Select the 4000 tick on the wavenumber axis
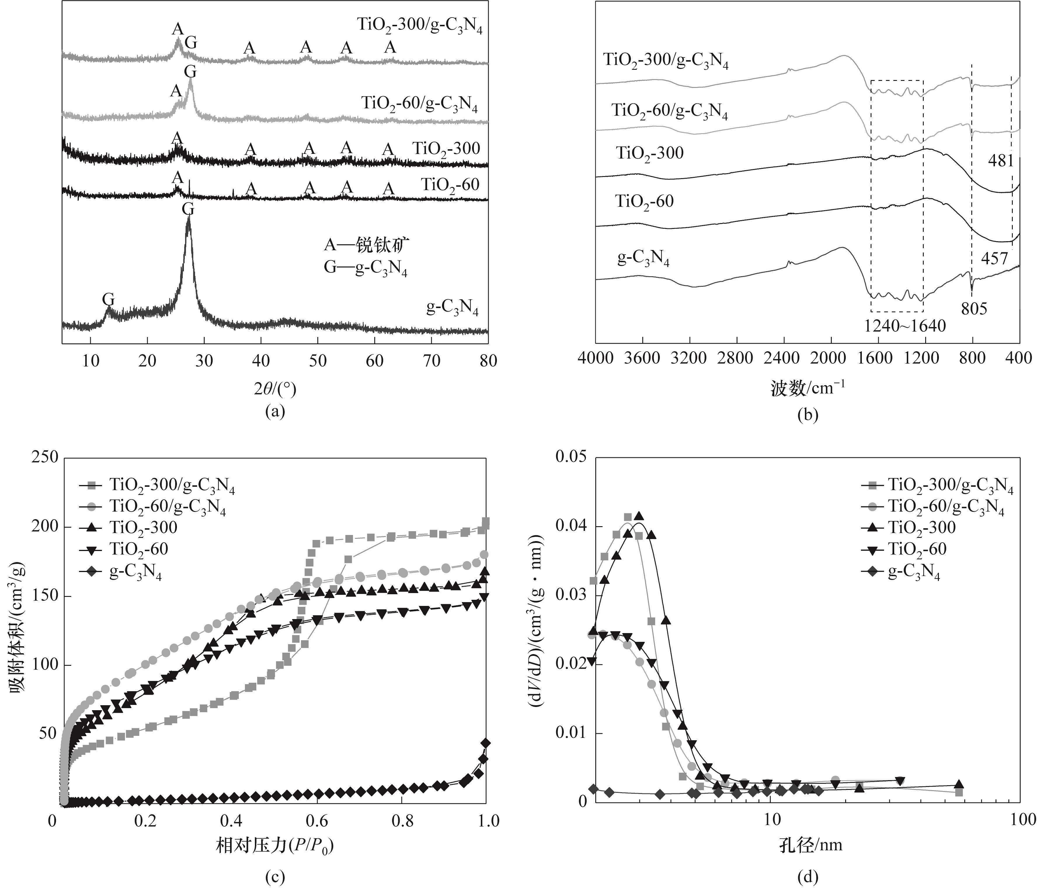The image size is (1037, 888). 595,358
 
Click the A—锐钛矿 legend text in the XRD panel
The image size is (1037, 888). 367,245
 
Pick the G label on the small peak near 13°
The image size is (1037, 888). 108,299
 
